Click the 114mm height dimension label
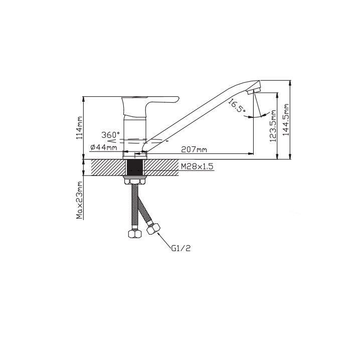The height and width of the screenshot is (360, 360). coord(79,128)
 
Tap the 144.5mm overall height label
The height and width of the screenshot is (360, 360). coord(286,120)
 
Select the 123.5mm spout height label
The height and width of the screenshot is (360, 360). coord(273,126)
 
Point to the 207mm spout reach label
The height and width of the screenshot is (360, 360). coord(194,150)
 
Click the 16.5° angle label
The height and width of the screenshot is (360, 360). coord(237,106)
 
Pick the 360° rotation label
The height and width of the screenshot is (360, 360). coord(111,135)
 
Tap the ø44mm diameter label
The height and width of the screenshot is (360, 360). coord(104,147)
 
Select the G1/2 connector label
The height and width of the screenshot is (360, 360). coord(181,248)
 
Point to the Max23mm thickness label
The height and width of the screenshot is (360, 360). coord(80,200)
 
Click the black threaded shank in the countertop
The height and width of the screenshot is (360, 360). coord(135,167)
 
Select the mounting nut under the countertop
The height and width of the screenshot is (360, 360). coord(135,180)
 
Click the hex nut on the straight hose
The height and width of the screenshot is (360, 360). coord(135,234)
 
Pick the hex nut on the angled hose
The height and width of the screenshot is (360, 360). coord(153,229)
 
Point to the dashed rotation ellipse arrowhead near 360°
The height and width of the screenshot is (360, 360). coord(110,139)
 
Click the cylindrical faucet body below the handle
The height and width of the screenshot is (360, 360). coord(135,135)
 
